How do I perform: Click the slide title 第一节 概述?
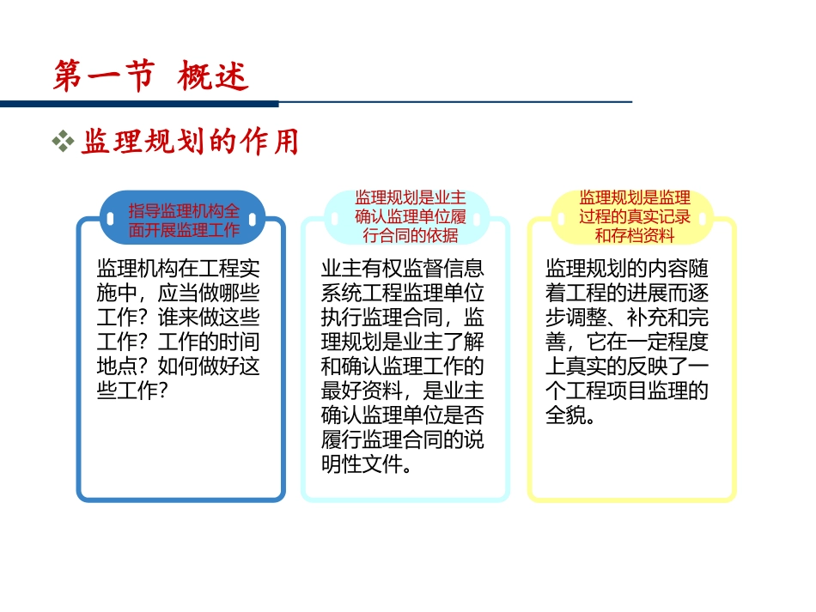point(150,76)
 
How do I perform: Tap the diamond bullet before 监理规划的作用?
point(63,142)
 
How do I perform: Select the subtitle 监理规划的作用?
point(190,142)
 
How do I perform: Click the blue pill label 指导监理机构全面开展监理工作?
point(184,220)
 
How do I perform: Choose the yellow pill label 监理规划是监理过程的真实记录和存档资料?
point(634,216)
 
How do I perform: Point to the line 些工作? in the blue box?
point(133,391)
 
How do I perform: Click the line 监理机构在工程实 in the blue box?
point(179,267)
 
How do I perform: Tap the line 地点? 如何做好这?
point(179,367)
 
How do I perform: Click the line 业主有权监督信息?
point(402,267)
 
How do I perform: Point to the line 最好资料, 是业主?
point(402,391)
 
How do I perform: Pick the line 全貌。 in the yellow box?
point(570,416)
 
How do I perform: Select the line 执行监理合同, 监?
point(402,317)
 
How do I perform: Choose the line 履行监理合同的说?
point(402,441)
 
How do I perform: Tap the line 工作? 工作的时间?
point(179,342)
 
